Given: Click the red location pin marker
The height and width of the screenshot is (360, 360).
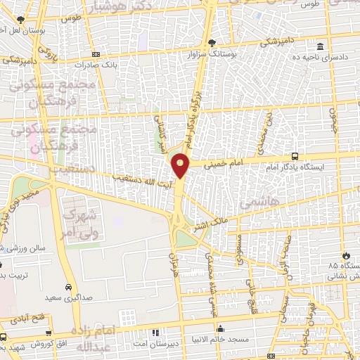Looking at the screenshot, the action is [x=181, y=165].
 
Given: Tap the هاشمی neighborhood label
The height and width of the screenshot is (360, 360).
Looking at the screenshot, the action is [x=259, y=202].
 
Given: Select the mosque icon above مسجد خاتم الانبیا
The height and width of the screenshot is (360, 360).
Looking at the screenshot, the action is [x=221, y=328].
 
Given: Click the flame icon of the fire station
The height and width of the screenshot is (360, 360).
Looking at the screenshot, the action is [x=345, y=255].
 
